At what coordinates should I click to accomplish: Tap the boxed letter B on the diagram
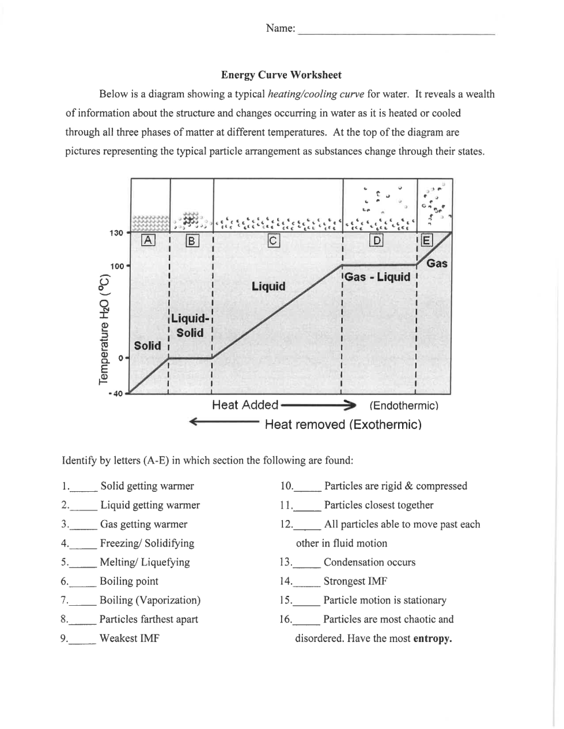[192, 241]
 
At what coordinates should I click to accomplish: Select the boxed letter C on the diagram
[274, 241]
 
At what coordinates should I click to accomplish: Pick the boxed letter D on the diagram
[377, 240]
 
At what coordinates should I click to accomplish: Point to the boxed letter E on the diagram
[426, 240]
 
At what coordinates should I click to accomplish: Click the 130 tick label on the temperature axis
[116, 233]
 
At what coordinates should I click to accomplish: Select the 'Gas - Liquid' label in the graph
[377, 277]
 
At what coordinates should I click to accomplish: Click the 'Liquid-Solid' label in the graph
[190, 325]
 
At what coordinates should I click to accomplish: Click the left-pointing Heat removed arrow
[225, 423]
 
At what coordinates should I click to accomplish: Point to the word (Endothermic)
[404, 406]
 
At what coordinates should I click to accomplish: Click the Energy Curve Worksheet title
[281, 75]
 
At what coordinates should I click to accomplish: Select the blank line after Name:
[396, 33]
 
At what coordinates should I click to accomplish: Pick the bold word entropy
[433, 639]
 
